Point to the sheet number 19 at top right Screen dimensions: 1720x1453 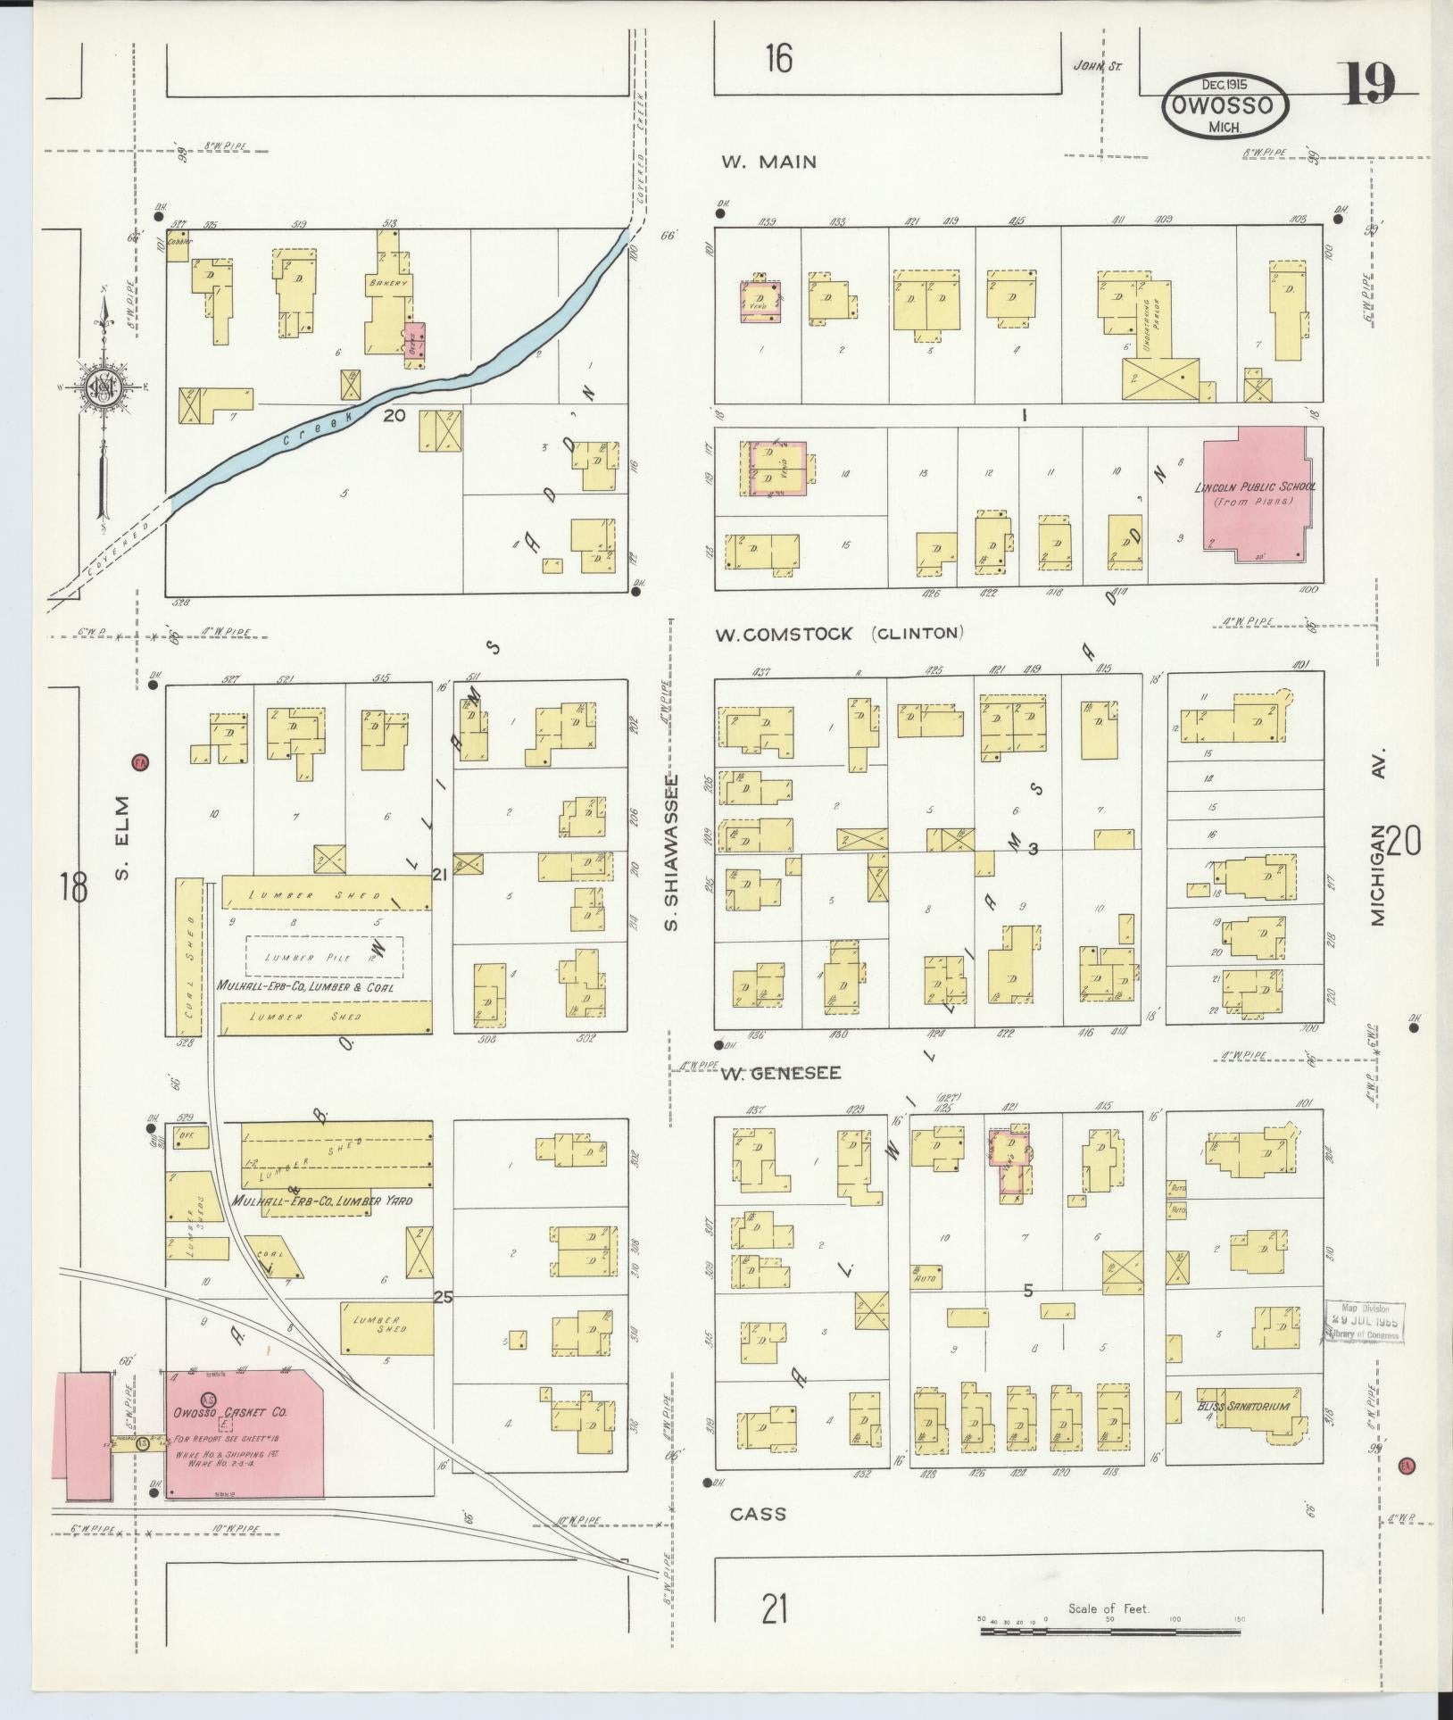[1368, 86]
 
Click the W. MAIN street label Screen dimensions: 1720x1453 [768, 162]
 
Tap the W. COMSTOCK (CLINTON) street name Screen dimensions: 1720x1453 [838, 634]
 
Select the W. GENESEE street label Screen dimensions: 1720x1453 [781, 1073]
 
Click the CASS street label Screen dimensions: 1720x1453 [758, 1514]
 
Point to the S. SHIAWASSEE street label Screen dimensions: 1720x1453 [672, 852]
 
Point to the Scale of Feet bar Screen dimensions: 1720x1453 [1109, 1632]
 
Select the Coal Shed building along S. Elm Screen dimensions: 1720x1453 [189, 955]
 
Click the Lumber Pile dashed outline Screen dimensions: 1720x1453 [323, 956]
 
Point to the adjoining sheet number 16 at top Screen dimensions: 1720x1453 [777, 60]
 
